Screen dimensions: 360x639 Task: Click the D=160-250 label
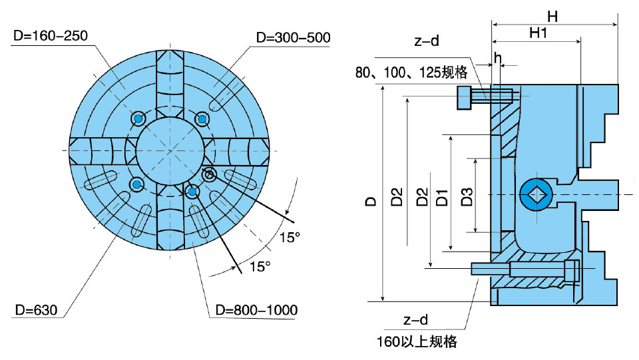point(50,35)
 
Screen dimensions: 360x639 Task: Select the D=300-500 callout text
point(294,37)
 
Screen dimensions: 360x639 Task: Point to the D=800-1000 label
point(252,310)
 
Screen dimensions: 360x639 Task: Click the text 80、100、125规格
point(411,73)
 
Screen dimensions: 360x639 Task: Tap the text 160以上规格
point(416,342)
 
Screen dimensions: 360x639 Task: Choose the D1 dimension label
point(442,198)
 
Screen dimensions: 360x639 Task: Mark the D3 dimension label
point(467,196)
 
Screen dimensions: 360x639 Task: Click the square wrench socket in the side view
point(536,194)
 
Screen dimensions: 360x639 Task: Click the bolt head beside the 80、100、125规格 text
point(464,97)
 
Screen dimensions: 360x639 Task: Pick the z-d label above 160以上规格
point(416,321)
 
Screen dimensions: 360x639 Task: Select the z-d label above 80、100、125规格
point(426,41)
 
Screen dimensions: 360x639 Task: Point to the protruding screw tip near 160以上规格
point(479,268)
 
